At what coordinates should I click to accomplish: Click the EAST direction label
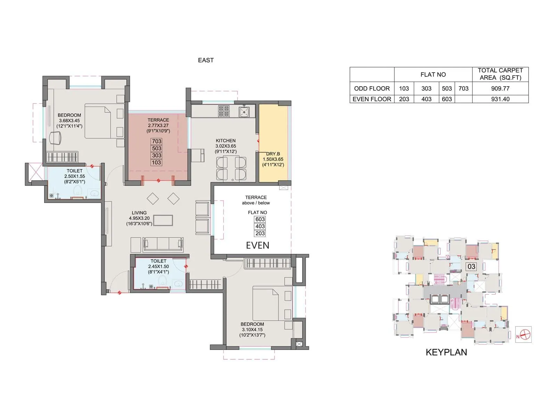click(206, 60)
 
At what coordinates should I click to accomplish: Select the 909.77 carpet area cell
click(500, 88)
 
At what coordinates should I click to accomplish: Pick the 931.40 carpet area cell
click(500, 99)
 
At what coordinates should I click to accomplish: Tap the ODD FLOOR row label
click(372, 88)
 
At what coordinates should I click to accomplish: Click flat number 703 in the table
click(463, 88)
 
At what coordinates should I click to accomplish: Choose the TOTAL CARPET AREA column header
click(500, 74)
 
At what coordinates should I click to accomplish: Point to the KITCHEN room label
click(226, 141)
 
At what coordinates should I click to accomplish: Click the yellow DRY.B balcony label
click(273, 154)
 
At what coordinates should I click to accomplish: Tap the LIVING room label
click(139, 213)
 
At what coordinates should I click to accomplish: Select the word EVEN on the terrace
click(257, 245)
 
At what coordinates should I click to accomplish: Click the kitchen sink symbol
click(244, 112)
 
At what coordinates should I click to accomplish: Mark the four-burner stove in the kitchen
click(223, 111)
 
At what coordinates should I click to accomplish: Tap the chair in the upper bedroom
click(55, 138)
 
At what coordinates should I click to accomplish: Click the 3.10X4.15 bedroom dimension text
click(252, 329)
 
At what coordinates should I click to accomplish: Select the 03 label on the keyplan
click(471, 267)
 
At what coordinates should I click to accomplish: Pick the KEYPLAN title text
click(446, 352)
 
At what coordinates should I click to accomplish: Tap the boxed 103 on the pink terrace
click(156, 162)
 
